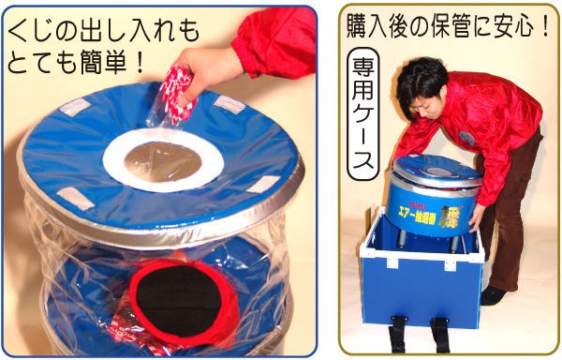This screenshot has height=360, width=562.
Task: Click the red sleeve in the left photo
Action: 273,42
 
